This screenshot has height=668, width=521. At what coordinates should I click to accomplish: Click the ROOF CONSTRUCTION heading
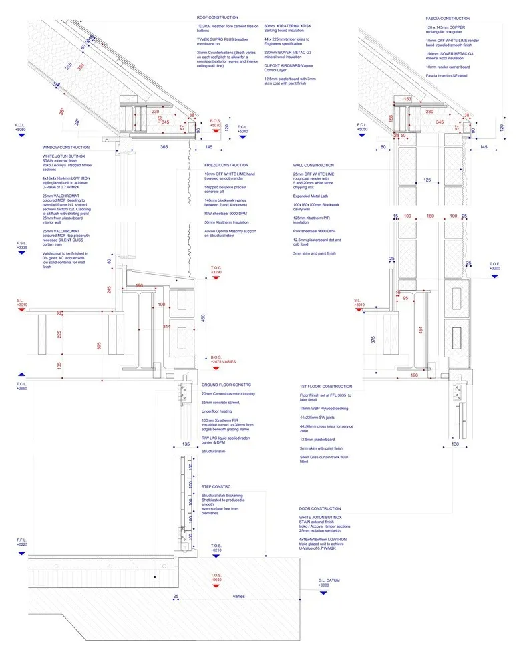click(x=217, y=17)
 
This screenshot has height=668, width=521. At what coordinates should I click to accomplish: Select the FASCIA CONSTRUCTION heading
click(x=448, y=19)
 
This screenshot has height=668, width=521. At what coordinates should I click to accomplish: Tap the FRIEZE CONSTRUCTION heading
click(x=226, y=165)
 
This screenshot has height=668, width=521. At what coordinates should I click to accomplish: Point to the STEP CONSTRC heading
click(x=217, y=486)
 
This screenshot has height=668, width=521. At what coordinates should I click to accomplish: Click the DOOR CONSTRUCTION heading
click(x=321, y=509)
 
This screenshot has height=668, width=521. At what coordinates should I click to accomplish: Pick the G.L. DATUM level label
click(x=329, y=580)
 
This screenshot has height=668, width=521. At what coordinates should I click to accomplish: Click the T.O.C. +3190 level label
click(x=216, y=269)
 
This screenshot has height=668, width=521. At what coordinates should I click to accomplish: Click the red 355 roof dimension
click(x=80, y=67)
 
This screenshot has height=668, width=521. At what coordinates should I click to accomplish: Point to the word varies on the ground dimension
click(x=239, y=597)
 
